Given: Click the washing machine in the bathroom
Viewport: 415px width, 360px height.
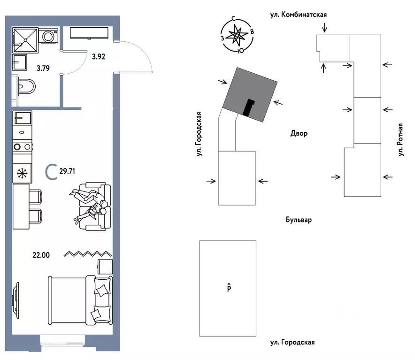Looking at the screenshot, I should (x=48, y=36).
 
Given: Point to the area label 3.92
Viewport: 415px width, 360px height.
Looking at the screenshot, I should (x=99, y=57).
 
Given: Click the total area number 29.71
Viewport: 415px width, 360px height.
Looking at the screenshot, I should (x=67, y=171).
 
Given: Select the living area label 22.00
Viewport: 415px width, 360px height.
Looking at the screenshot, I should (x=41, y=255).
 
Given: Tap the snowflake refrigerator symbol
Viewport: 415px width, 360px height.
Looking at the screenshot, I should (x=22, y=173).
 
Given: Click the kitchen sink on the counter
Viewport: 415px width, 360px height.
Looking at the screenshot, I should (x=22, y=117).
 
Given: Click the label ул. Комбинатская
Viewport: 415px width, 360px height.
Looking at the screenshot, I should (x=298, y=15).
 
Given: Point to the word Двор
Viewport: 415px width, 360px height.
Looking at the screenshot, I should (x=299, y=134).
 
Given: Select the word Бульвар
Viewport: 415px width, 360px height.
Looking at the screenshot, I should (x=299, y=219).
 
